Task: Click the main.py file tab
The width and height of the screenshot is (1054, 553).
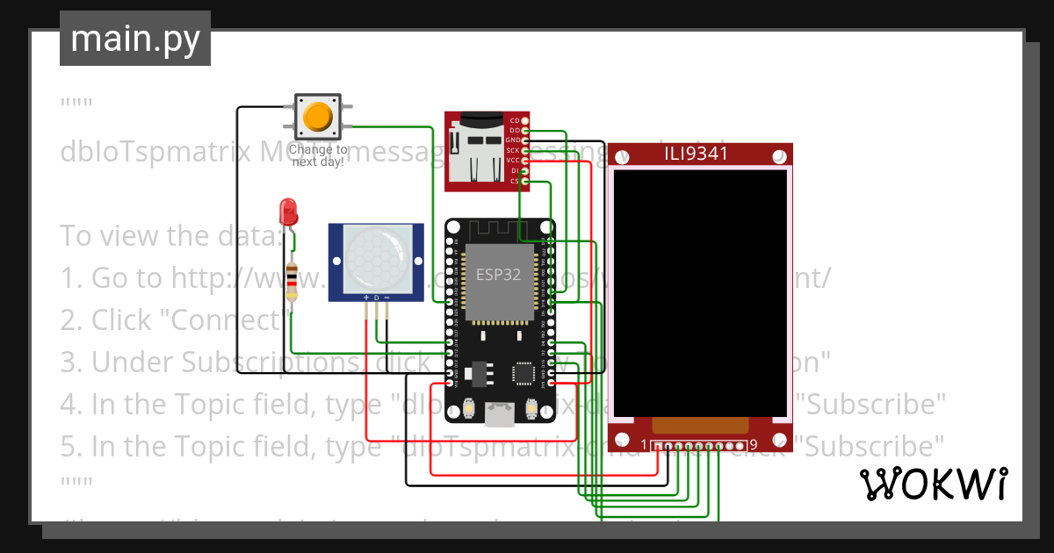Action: click(x=134, y=39)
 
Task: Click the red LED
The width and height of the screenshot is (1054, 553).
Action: click(x=287, y=211)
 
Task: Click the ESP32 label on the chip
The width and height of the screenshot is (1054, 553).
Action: click(x=498, y=274)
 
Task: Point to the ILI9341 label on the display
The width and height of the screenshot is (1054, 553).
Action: click(x=699, y=156)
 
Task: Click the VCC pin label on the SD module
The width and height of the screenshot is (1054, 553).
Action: click(x=513, y=161)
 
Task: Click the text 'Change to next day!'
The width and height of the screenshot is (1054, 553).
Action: click(x=317, y=156)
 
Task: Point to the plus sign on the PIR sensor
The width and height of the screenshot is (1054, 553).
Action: click(x=365, y=298)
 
